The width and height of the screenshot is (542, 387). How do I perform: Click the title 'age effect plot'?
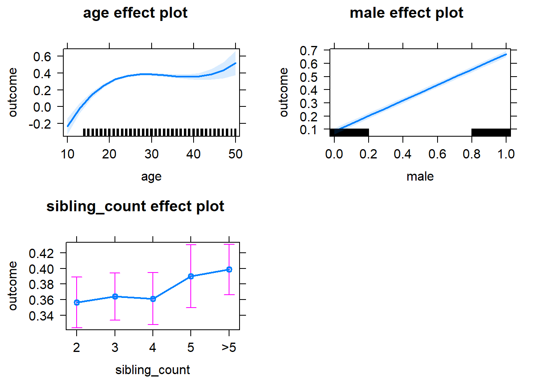(x=135, y=13)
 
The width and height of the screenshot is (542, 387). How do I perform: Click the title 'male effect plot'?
(x=406, y=13)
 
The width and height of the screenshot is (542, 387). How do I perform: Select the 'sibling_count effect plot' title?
(x=135, y=206)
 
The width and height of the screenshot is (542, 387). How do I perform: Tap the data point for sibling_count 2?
(x=77, y=302)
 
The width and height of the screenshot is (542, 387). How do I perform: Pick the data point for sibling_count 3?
(x=115, y=296)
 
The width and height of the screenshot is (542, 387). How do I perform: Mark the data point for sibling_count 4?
(x=153, y=299)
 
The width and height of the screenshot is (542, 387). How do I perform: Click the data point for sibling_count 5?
(x=191, y=276)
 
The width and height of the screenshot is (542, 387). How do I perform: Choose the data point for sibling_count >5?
(x=229, y=269)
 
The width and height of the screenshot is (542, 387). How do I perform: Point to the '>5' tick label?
(x=229, y=347)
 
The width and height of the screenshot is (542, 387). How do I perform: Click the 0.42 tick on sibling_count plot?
(x=41, y=253)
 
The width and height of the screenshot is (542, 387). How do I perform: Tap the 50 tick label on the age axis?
(x=236, y=154)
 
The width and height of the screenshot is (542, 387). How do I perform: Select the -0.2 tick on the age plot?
(x=40, y=124)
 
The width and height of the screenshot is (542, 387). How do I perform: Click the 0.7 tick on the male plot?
(x=309, y=50)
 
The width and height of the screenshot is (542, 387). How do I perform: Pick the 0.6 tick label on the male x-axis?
(x=437, y=154)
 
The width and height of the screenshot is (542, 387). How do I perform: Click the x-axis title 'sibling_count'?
(x=152, y=370)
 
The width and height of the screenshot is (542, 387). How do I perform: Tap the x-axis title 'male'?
(x=420, y=177)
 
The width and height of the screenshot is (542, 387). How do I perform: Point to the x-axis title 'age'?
(x=151, y=177)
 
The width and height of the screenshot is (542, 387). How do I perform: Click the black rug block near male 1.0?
(x=491, y=133)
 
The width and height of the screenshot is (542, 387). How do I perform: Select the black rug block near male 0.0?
(x=349, y=133)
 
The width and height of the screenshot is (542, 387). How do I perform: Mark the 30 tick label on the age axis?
(x=152, y=154)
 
